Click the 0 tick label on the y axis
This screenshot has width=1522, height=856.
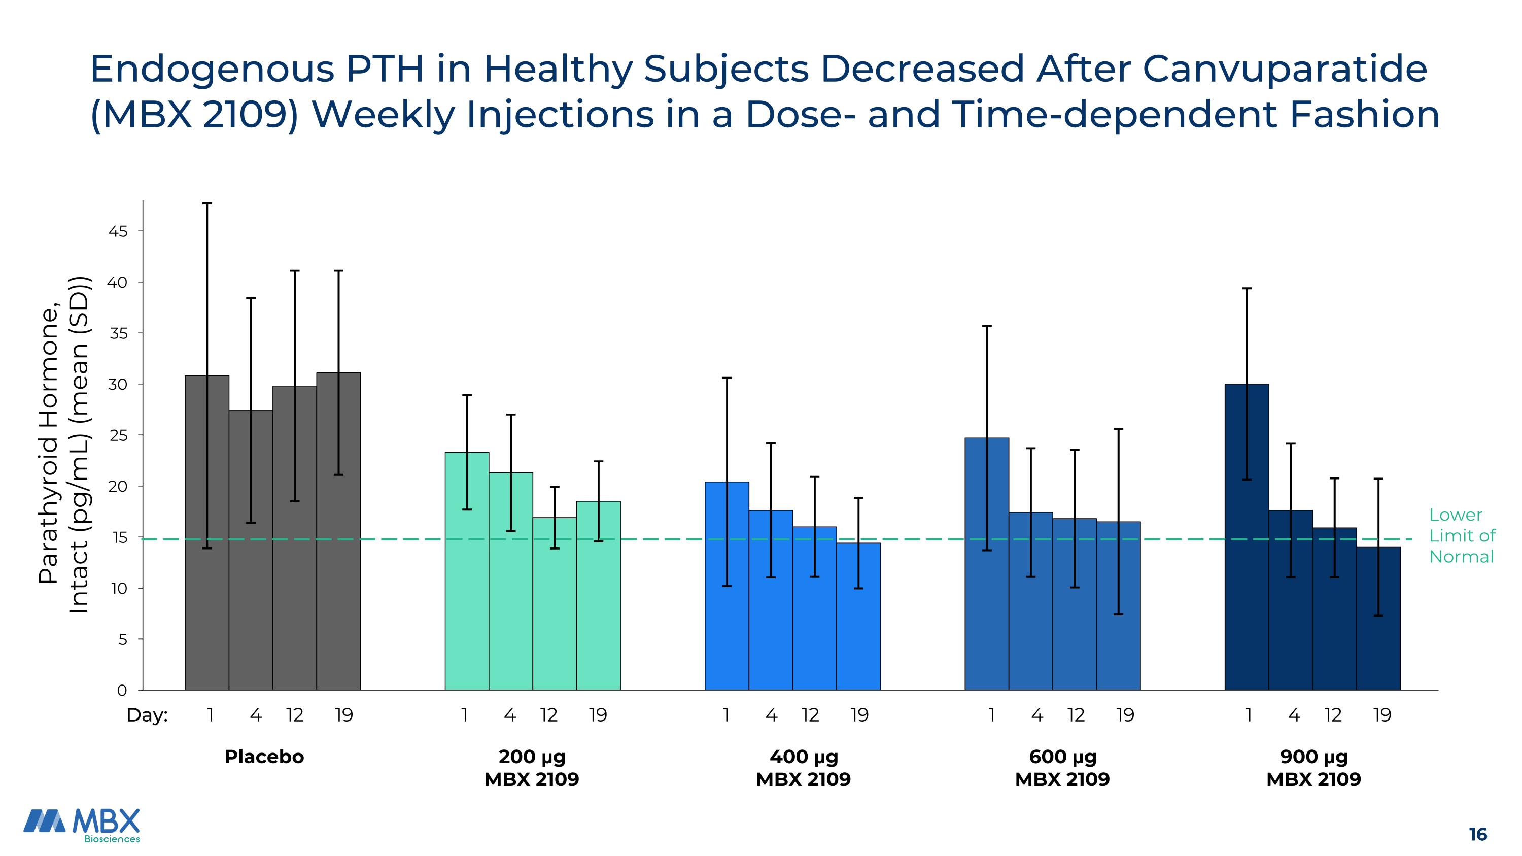click(x=122, y=690)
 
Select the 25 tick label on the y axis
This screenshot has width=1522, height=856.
click(x=118, y=435)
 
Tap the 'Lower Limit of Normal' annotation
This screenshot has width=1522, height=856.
click(x=1462, y=536)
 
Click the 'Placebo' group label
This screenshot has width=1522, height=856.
click(x=264, y=757)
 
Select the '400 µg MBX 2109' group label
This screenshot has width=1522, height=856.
click(x=804, y=768)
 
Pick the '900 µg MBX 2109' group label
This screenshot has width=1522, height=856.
click(x=1313, y=768)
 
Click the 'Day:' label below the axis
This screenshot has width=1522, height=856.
click(x=147, y=715)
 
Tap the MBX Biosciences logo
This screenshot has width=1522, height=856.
click(x=82, y=825)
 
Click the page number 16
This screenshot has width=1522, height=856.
click(x=1478, y=834)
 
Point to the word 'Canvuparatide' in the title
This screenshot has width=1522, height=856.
click(x=1285, y=69)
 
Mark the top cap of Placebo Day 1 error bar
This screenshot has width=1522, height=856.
click(x=207, y=204)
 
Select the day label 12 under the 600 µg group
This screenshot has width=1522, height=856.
click(x=1076, y=715)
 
